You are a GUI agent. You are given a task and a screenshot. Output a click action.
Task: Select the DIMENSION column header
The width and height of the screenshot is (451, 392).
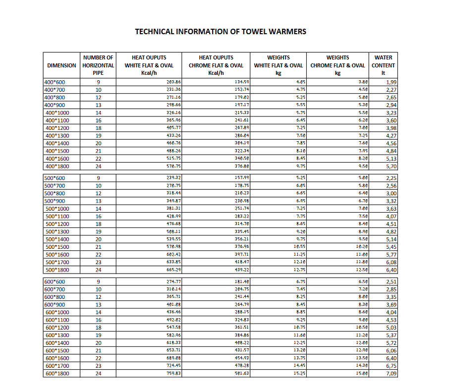tap(62, 65)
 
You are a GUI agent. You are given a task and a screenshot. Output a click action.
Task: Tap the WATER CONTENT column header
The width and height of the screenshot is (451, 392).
tap(383, 65)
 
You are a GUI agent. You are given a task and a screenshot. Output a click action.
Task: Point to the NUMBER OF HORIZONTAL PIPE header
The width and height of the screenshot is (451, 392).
tap(98, 65)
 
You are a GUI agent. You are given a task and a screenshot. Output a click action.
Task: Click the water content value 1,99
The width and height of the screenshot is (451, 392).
tap(391, 82)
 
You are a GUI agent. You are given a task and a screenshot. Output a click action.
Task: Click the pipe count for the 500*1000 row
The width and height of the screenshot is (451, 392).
tap(98, 209)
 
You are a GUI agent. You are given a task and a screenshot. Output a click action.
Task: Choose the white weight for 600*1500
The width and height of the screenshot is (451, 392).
tap(298, 350)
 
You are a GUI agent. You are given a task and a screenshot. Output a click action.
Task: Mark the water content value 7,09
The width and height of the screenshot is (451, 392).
tap(391, 374)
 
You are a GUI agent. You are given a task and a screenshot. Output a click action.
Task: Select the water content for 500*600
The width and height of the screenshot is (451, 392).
tap(391, 178)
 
